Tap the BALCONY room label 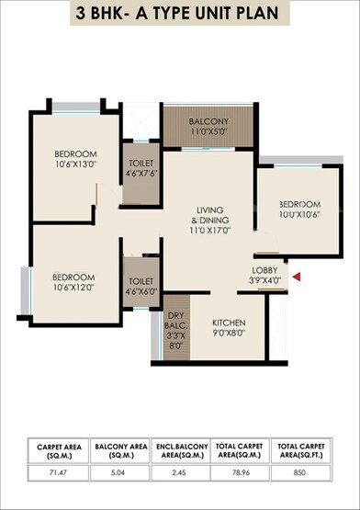[x=208, y=122]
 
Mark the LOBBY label [x=266, y=271]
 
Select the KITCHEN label [x=229, y=323]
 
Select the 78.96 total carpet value [x=243, y=477]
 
